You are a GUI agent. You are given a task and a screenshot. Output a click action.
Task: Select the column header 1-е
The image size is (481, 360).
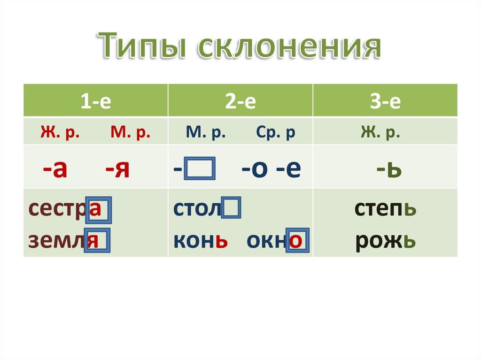pyautogui.click(x=95, y=102)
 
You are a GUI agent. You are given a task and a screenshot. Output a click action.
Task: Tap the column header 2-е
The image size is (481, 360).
pyautogui.click(x=240, y=102)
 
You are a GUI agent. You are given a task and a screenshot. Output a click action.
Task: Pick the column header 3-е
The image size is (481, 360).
pyautogui.click(x=385, y=102)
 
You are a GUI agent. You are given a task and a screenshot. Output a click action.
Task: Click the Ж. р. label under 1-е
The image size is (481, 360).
pyautogui.click(x=60, y=133)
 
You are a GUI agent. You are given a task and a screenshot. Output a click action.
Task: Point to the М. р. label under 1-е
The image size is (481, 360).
pyautogui.click(x=131, y=133)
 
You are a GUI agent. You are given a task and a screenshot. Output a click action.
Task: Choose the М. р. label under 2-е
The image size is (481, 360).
pyautogui.click(x=206, y=133)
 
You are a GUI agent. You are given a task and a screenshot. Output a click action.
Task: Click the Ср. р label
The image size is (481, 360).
pyautogui.click(x=276, y=133)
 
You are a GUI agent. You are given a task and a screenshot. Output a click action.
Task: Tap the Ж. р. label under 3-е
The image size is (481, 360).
pyautogui.click(x=380, y=133)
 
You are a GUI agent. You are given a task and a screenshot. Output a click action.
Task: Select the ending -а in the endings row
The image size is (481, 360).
pyautogui.click(x=54, y=168)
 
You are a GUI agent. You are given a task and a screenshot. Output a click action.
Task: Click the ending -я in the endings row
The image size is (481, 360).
pyautogui.click(x=117, y=168)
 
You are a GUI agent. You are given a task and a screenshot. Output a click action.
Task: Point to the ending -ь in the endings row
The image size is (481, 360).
pyautogui.click(x=388, y=168)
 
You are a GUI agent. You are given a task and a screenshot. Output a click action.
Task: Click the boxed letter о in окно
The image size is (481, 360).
pyautogui.click(x=298, y=241)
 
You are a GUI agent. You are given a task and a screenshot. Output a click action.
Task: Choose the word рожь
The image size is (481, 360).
pyautogui.click(x=385, y=240)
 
